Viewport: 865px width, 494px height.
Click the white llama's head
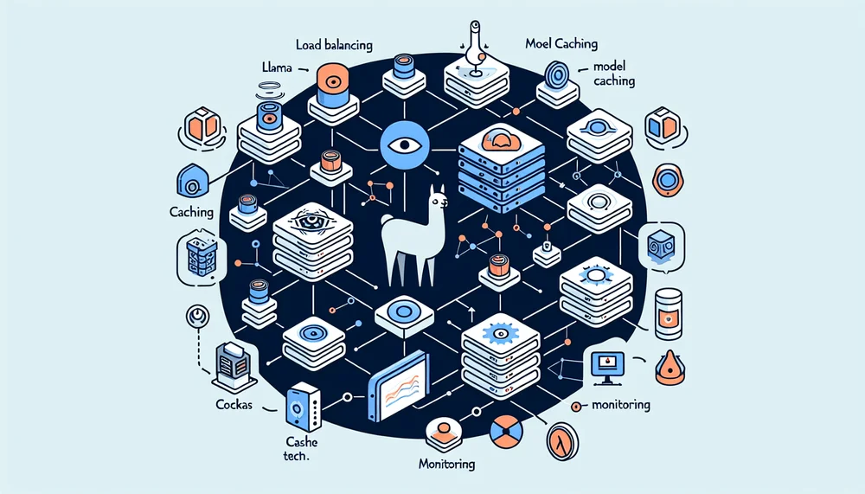pos(437,202)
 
